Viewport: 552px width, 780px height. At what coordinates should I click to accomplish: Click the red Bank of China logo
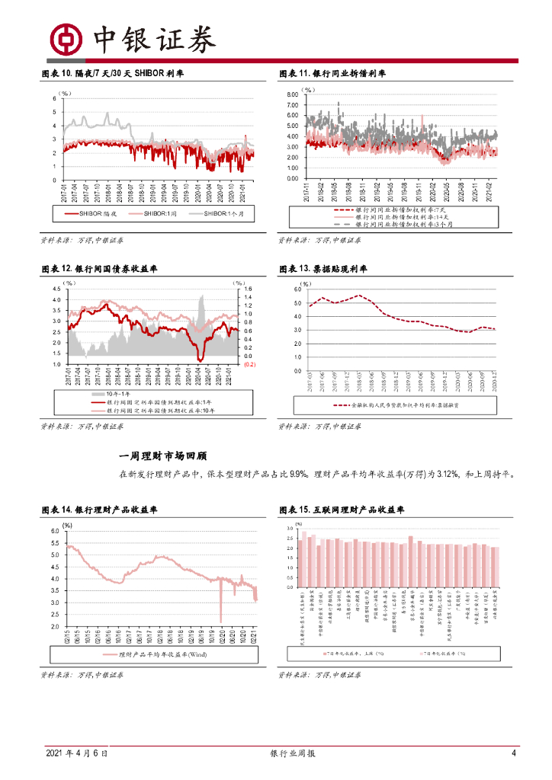[x=66, y=39]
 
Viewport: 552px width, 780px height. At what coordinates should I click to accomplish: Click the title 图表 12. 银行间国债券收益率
[x=99, y=269]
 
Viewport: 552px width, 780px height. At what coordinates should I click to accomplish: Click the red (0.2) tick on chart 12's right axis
[x=249, y=365]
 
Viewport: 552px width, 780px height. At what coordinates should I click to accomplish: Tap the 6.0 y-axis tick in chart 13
[x=297, y=290]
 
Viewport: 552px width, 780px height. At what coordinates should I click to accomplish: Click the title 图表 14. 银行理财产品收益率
[x=99, y=509]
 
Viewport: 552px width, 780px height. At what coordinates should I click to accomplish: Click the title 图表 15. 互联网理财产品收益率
[x=342, y=509]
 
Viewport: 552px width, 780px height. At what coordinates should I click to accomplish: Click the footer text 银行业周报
[x=294, y=753]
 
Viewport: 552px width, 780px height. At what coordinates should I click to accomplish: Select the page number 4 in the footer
[x=514, y=753]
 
